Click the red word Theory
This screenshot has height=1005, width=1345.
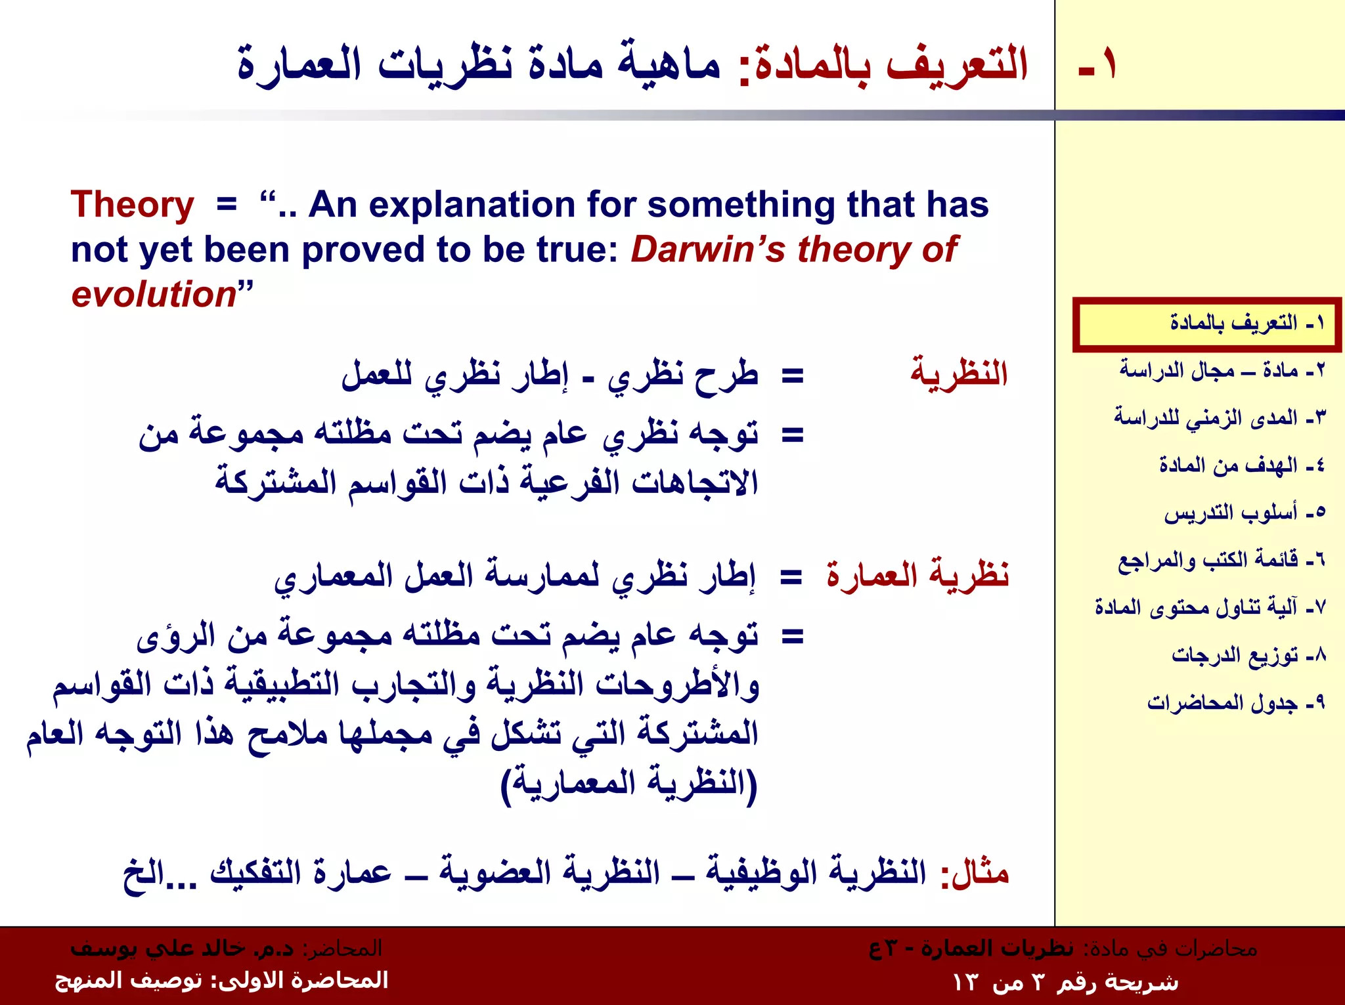coord(132,205)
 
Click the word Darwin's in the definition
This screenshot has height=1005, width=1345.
coord(707,250)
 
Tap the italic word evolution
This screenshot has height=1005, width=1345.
coord(154,294)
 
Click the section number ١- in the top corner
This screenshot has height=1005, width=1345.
coord(1097,64)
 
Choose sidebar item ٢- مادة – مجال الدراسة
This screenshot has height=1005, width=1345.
coord(1222,370)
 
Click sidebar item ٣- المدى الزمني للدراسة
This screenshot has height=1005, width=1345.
coord(1219,417)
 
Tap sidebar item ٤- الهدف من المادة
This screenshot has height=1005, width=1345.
coord(1241,465)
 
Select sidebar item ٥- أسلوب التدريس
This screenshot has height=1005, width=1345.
coord(1244,513)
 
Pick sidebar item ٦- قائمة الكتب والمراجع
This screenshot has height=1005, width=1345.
coord(1221,560)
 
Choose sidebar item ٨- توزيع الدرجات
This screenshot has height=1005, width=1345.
coord(1248,655)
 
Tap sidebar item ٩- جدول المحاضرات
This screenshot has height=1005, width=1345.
coord(1235,702)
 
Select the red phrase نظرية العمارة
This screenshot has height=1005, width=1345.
coord(917,575)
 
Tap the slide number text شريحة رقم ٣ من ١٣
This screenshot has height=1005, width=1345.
coord(1065,983)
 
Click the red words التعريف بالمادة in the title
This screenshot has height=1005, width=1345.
coord(891,64)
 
